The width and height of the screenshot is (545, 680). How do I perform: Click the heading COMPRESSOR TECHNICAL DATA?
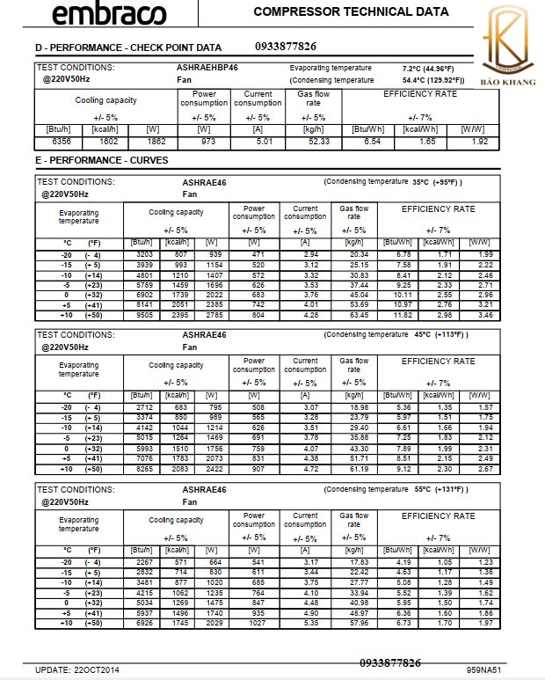(x=351, y=12)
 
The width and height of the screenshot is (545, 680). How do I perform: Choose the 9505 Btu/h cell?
(x=139, y=313)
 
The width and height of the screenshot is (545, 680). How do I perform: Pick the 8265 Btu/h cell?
(x=139, y=470)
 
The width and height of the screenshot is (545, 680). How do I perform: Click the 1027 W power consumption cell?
(x=254, y=624)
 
